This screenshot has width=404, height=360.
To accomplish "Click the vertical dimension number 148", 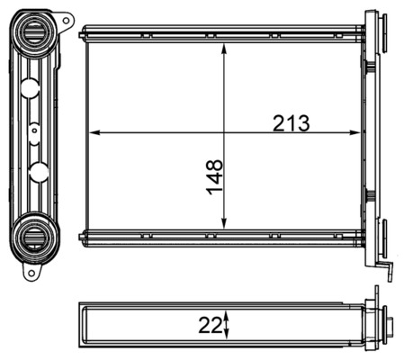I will [215, 176].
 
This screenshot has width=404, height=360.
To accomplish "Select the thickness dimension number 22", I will [211, 322].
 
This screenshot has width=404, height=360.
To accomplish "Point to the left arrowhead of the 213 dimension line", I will [94, 133].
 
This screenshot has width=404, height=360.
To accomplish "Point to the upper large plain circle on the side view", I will [30, 87].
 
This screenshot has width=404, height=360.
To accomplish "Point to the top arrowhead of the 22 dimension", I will [227, 311].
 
